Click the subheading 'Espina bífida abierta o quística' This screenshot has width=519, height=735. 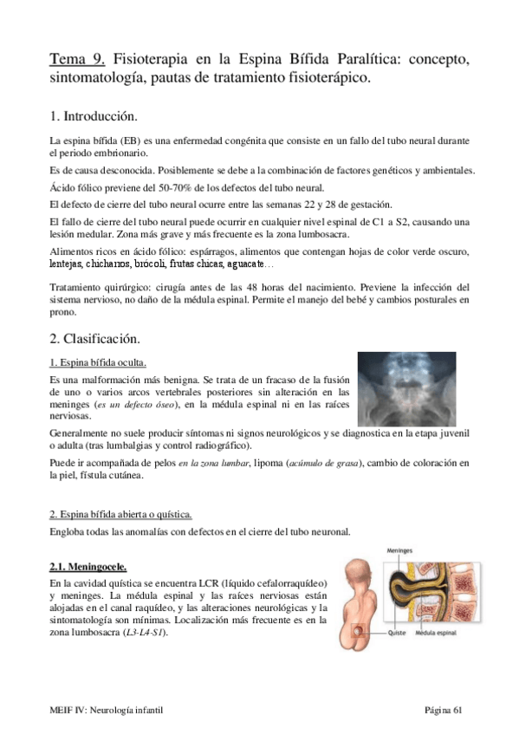point(125,513)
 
